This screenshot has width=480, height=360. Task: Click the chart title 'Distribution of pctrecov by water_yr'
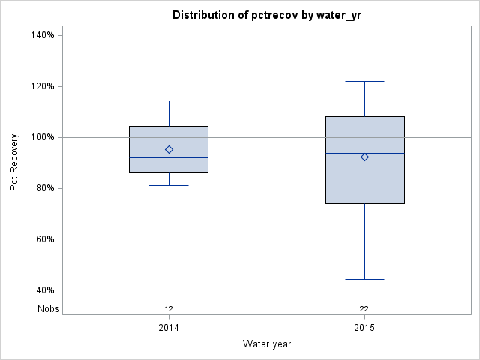(266, 15)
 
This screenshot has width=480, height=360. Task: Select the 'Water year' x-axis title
(266, 344)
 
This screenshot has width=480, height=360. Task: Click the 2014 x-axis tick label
(169, 328)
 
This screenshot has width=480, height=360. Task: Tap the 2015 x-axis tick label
(364, 328)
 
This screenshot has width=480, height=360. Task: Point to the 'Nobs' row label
(49, 308)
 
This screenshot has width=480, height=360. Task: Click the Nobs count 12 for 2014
(169, 308)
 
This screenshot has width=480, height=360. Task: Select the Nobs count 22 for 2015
(364, 308)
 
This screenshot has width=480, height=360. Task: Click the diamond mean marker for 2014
(169, 149)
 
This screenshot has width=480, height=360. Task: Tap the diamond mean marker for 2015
(364, 157)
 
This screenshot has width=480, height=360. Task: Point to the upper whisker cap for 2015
(364, 81)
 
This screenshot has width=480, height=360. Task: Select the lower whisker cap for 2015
(364, 279)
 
